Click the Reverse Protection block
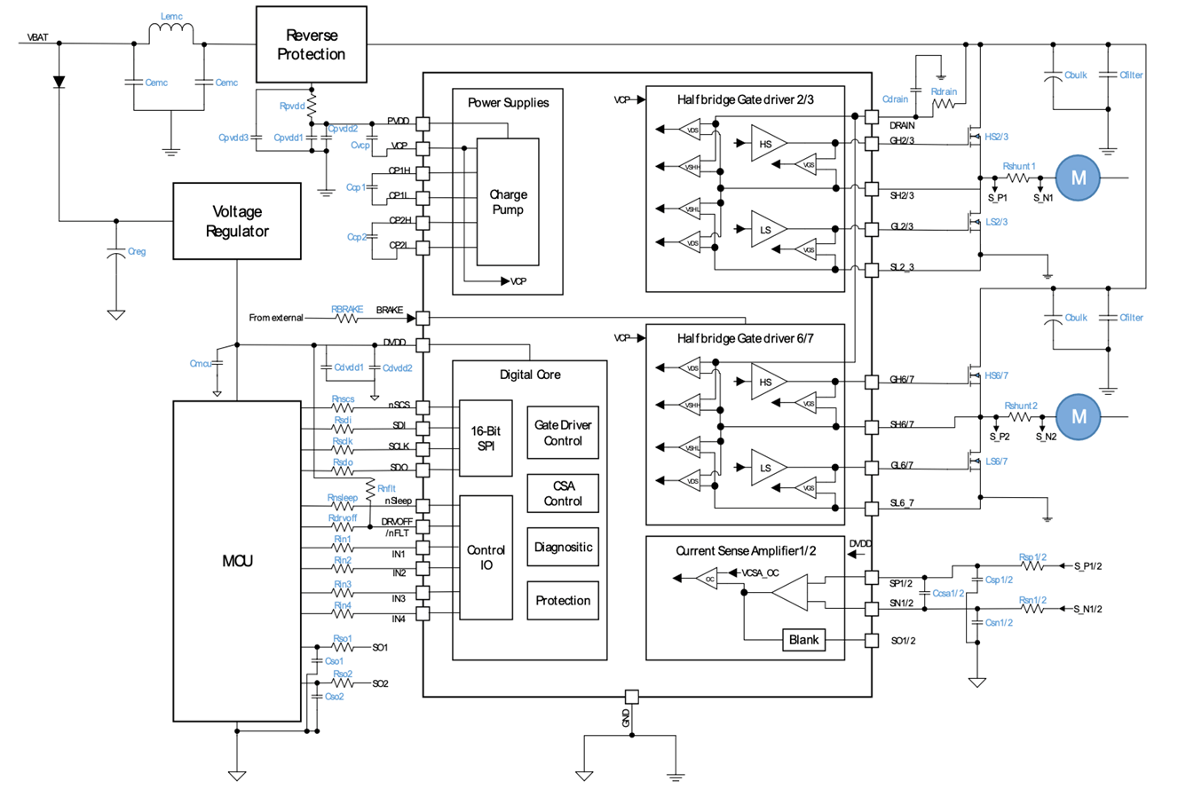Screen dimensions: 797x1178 pos(311,44)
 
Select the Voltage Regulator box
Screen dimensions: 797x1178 pos(236,221)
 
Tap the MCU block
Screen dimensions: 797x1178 pos(236,561)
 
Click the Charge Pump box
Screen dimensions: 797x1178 pos(508,201)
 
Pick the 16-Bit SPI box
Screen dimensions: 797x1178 pos(485,438)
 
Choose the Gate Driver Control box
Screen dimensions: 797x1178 pos(563,433)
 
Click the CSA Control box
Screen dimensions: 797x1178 pos(563,493)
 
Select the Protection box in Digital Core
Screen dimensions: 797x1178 pos(563,601)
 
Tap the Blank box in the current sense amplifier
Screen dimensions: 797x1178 pos(803,640)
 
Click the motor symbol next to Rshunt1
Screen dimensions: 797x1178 pos(1078,178)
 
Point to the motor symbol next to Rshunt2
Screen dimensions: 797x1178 pos(1079,416)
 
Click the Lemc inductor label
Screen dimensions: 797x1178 pos(171,17)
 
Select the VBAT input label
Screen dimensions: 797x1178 pos(37,38)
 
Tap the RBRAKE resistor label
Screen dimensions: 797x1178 pos(347,310)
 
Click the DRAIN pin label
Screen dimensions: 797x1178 pos(902,126)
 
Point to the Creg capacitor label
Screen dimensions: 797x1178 pos(137,252)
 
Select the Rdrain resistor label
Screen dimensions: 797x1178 pos(944,92)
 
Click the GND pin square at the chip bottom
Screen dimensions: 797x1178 pos(631,698)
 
